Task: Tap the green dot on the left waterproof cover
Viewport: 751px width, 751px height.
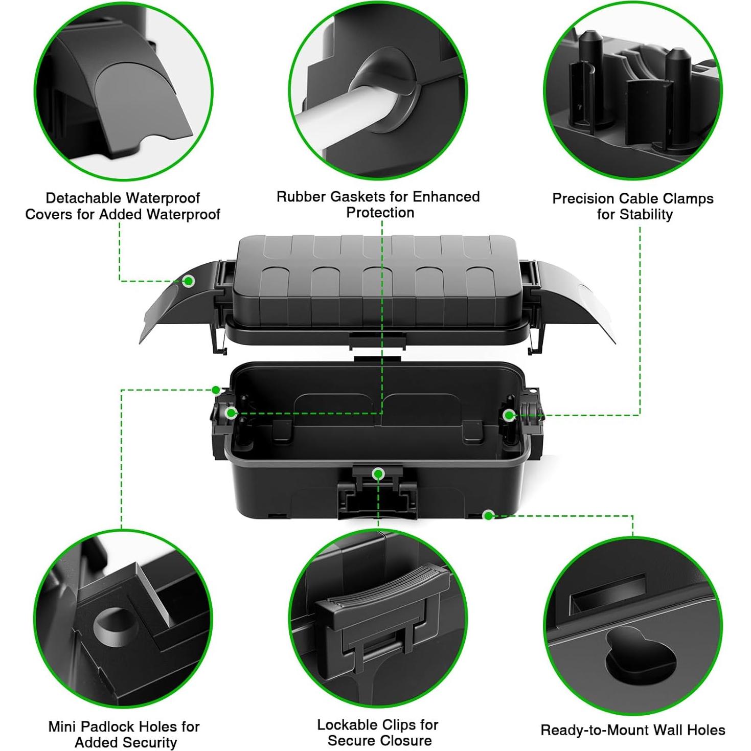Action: tap(189, 281)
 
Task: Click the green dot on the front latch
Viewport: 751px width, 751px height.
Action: tap(378, 474)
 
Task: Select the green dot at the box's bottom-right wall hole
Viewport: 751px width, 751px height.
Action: tap(488, 515)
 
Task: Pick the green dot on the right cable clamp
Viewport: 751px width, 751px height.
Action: tap(509, 415)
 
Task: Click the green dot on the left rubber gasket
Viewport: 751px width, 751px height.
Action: tap(231, 413)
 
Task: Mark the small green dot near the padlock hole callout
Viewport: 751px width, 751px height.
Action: tap(216, 390)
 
